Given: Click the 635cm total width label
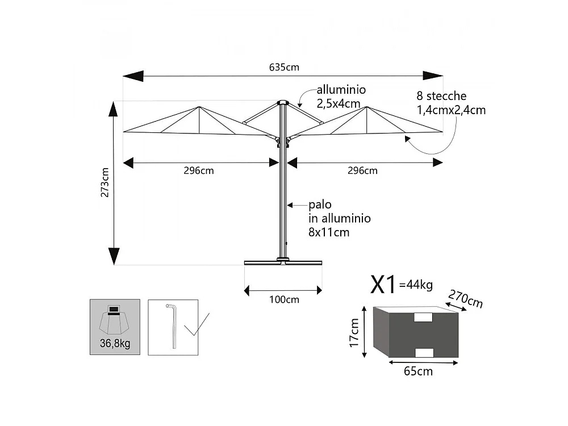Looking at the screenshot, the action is click(x=284, y=68).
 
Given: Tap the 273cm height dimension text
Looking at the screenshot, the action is click(x=105, y=182).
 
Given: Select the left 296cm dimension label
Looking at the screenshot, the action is click(x=198, y=170).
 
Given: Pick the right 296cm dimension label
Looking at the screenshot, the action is click(x=362, y=170).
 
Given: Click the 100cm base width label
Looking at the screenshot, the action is click(x=284, y=299).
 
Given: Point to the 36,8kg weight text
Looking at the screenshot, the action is click(x=115, y=343).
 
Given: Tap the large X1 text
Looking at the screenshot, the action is click(x=383, y=285).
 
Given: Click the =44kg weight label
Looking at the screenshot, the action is click(x=416, y=285).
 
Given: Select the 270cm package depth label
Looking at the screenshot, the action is click(x=466, y=299).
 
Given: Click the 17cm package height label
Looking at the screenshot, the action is click(x=354, y=332).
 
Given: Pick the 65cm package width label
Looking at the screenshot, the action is click(x=418, y=371).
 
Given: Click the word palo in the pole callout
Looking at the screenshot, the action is click(x=320, y=205).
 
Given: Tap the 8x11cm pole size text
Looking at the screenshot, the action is click(x=329, y=232).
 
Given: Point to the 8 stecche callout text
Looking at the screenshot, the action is click(x=441, y=96).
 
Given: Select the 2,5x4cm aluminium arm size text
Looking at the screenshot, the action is click(x=339, y=104).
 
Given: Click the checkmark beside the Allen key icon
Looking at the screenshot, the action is click(x=197, y=324).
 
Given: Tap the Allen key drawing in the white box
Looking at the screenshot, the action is click(x=173, y=326).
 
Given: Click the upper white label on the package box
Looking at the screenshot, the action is click(x=423, y=318).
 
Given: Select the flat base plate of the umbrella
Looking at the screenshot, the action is click(x=283, y=262).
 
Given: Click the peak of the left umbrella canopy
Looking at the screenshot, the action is click(x=199, y=107).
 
